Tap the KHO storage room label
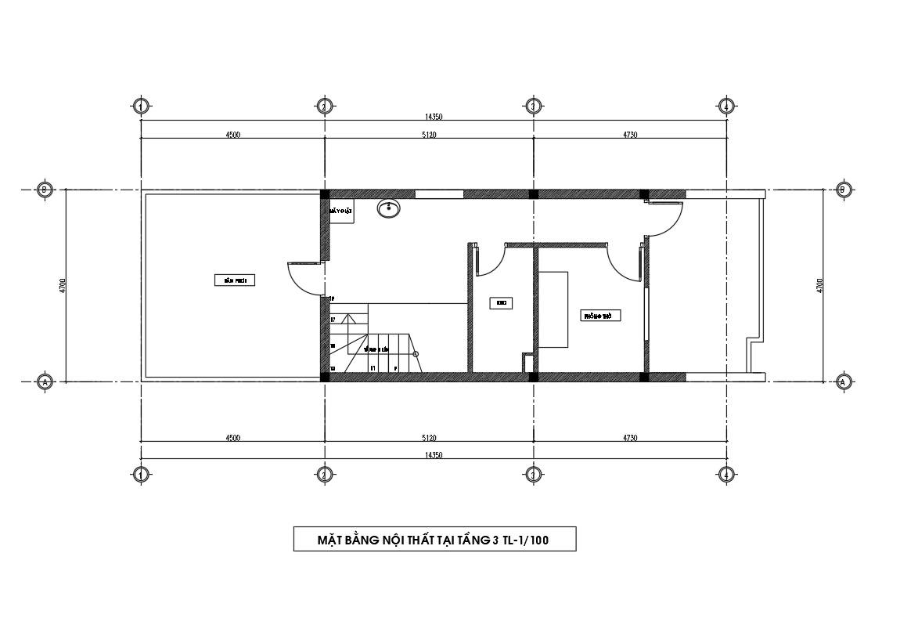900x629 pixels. pyautogui.click(x=501, y=303)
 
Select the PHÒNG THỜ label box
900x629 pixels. pyautogui.click(x=602, y=316)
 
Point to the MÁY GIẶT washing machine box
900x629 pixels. pyautogui.click(x=341, y=211)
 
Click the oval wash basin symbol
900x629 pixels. pyautogui.click(x=388, y=208)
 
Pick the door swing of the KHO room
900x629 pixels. pyautogui.click(x=488, y=261)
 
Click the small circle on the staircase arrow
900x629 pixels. pyautogui.click(x=416, y=354)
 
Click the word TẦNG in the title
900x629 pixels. pyautogui.click(x=472, y=540)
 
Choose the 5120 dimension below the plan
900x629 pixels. pyautogui.click(x=429, y=438)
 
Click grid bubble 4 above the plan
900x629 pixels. pyautogui.click(x=726, y=106)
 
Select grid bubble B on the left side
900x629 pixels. pyautogui.click(x=45, y=190)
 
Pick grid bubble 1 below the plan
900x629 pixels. pyautogui.click(x=141, y=474)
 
